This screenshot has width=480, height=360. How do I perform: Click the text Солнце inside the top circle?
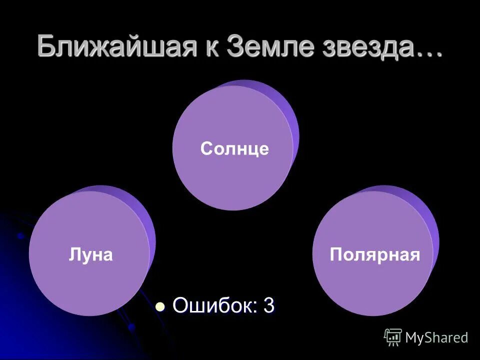(x=234, y=148)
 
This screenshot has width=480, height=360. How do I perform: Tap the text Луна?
(x=90, y=254)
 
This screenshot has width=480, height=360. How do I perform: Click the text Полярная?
(x=374, y=254)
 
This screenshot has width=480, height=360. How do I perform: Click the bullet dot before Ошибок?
(x=160, y=306)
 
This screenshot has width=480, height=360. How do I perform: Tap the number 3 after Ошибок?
(x=269, y=305)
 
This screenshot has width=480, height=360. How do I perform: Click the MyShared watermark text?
(x=436, y=337)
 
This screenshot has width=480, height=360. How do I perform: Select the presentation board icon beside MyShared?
(x=393, y=337)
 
